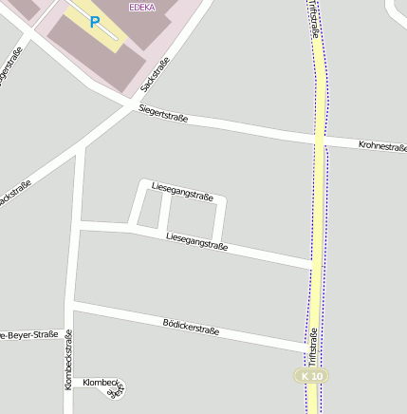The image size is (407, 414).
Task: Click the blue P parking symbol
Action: tap(94, 21)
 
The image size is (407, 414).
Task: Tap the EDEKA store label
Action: tap(143, 6)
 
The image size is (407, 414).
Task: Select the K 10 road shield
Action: tap(310, 377)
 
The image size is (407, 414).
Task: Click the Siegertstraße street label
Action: tap(163, 115)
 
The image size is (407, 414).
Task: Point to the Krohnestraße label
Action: tap(382, 146)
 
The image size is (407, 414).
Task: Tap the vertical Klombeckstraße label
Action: tap(68, 366)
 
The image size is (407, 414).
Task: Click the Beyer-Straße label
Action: tap(28, 335)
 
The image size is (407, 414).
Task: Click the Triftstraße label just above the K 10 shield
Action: tap(312, 348)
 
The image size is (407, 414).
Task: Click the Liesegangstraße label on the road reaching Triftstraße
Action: tap(196, 241)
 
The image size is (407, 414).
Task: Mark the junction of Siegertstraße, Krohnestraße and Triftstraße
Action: tap(320, 141)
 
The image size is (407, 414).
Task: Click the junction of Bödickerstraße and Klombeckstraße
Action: tap(71, 306)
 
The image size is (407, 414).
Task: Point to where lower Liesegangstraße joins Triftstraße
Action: tap(313, 263)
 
